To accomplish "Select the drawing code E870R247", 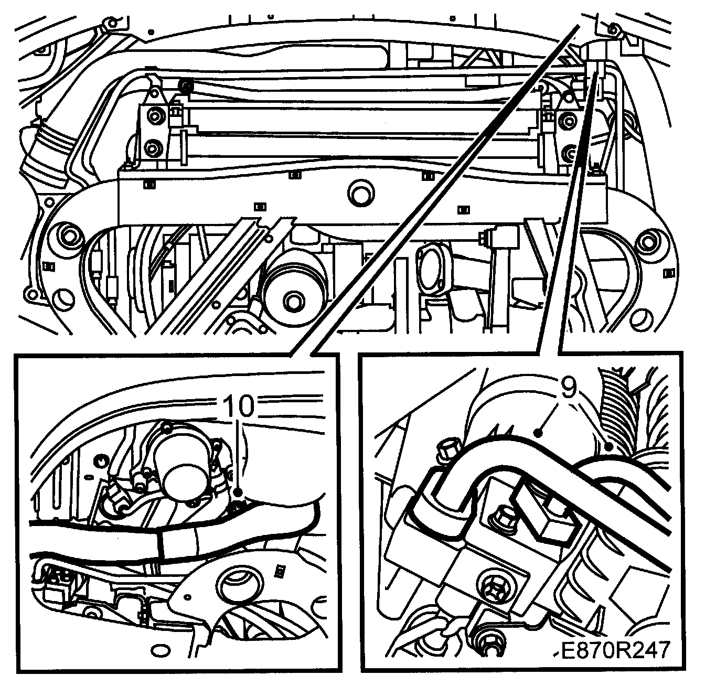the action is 614,650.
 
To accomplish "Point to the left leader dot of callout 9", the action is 539,432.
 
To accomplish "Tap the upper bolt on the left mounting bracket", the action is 155,116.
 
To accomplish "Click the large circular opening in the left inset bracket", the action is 240,586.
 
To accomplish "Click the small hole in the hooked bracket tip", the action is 187,596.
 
